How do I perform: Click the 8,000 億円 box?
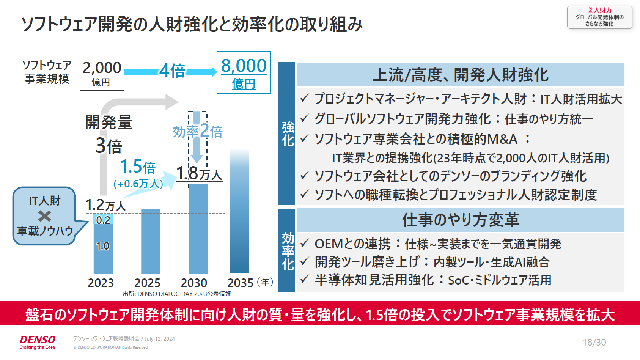tap(244, 72)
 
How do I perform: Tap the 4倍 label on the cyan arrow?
tap(172, 71)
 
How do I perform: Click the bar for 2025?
tap(151, 241)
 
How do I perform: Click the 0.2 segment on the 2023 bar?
tap(103, 220)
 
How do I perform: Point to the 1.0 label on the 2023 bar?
tap(103, 246)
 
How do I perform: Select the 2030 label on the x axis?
tap(194, 283)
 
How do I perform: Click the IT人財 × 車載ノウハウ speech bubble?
tap(45, 215)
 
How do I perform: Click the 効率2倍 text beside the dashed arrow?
tap(198, 131)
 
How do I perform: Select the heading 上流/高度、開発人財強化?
tap(461, 74)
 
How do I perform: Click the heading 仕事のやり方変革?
tap(461, 220)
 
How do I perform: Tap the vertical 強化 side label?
tap(288, 134)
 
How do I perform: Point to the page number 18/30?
tap(594, 342)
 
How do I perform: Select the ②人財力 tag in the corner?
tap(599, 17)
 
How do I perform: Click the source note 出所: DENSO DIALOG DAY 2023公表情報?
tap(177, 294)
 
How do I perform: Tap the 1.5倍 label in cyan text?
tap(138, 167)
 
